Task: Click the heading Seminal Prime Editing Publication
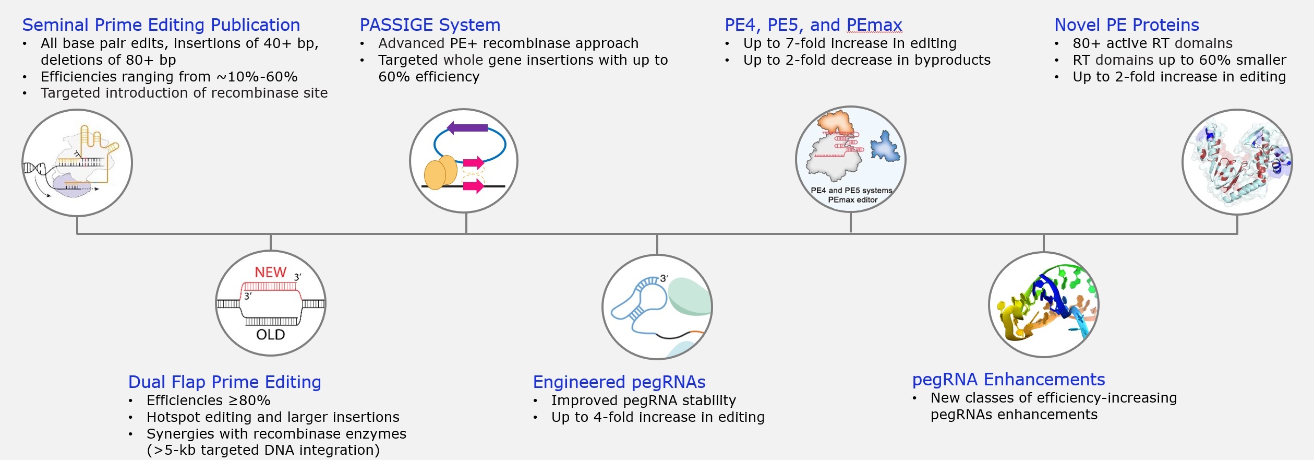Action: tap(161, 25)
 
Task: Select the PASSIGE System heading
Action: tap(430, 25)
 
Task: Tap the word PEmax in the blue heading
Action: tap(874, 25)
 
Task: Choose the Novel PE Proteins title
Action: tap(1127, 25)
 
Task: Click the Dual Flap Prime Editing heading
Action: tap(224, 382)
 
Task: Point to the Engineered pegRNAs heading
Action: tap(619, 382)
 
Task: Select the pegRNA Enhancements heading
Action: tap(1008, 380)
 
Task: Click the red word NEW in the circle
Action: tap(270, 273)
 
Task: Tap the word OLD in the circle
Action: tap(270, 335)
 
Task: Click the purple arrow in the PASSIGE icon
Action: tap(467, 127)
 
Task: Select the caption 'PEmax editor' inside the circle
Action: tap(853, 200)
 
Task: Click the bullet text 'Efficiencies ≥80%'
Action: tap(208, 400)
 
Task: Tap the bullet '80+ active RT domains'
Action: tap(1152, 43)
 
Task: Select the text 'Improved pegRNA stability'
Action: tap(643, 400)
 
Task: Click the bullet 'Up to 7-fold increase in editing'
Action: tap(850, 43)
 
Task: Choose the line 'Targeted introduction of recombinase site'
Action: tap(184, 93)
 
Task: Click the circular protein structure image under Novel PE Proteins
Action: tap(1237, 162)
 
